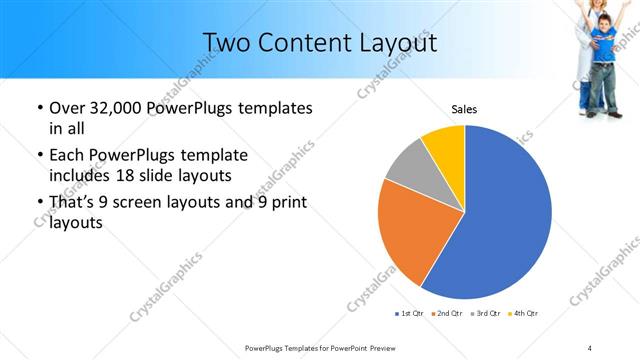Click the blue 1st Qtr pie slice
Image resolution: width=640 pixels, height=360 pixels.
pyautogui.click(x=505, y=215)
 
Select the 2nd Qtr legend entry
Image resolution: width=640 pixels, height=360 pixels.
pyautogui.click(x=447, y=314)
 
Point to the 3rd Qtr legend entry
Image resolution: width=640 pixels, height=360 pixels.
pyautogui.click(x=484, y=314)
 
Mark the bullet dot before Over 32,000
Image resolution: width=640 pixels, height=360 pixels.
pyautogui.click(x=39, y=108)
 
